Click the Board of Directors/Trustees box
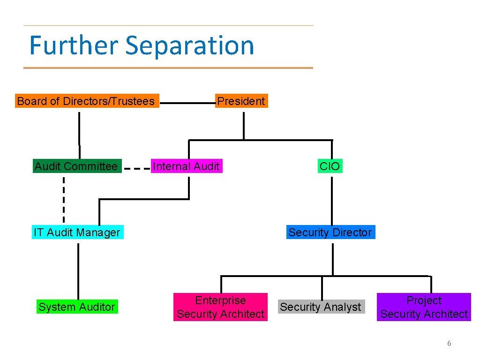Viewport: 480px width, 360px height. (87, 101)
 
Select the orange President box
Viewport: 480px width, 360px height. (241, 101)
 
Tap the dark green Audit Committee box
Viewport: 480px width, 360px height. (76, 166)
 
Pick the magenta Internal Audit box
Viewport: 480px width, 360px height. (186, 166)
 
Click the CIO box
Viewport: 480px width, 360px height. (330, 166)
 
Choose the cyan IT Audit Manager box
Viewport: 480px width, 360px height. (77, 232)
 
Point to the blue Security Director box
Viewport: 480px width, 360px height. (330, 232)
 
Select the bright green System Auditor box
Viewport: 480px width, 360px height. (77, 307)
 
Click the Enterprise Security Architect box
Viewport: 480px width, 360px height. (220, 307)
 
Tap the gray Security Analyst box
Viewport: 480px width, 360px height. (321, 307)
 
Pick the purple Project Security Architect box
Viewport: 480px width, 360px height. (424, 307)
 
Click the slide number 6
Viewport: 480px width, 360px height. (449, 344)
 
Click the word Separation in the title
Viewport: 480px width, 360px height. (190, 45)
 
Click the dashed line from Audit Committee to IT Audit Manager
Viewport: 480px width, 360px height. (64, 199)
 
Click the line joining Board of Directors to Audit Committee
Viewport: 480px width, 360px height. (79, 134)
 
